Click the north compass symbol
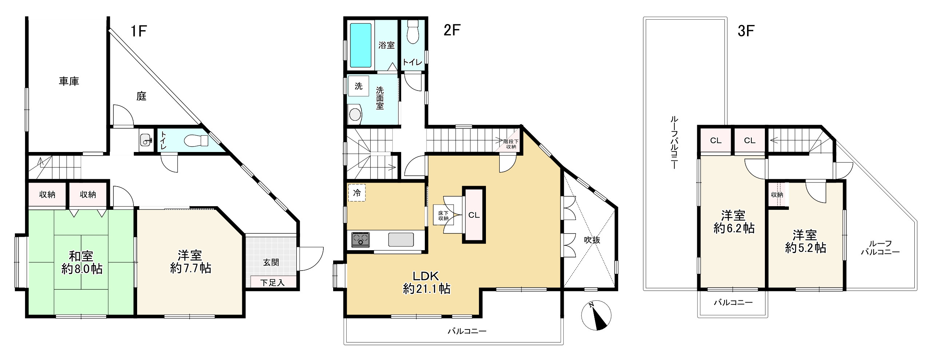point(596,316)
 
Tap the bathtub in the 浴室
point(361,45)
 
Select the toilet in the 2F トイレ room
point(413,32)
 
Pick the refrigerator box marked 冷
point(357,193)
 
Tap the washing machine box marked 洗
point(359,86)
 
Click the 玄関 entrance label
point(271,262)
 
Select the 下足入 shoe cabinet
point(273,282)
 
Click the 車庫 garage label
point(69,81)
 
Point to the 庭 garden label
point(141,96)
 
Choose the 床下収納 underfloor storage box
point(443,215)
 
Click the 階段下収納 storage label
point(511,144)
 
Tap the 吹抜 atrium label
point(592,240)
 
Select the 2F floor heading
point(452,31)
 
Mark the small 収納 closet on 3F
point(777,195)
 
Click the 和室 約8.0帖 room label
point(81,263)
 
